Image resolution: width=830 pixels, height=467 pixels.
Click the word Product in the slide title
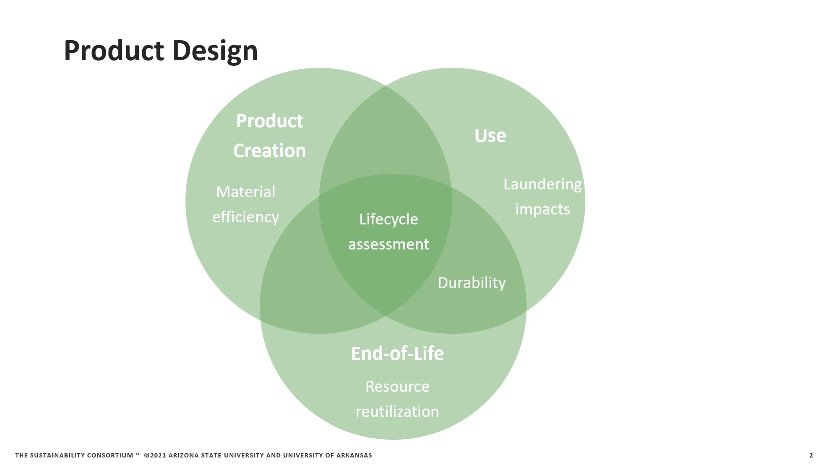pos(113,51)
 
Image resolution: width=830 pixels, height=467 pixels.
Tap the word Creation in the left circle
pos(269,150)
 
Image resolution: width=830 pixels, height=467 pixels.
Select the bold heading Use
pos(490,135)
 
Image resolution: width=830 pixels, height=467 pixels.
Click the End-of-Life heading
pos(397,353)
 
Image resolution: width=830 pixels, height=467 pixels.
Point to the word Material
pos(246,192)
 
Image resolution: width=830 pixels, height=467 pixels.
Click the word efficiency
pos(246,217)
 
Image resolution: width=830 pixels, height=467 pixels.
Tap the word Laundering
pos(542,184)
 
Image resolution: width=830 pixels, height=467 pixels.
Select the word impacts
pos(542,209)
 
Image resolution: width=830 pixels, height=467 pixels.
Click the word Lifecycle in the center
pos(388,219)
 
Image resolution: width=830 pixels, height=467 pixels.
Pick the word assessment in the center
pos(388,244)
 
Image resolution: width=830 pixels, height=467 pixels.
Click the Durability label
pos(471,282)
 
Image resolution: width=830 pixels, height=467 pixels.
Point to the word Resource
pos(397,386)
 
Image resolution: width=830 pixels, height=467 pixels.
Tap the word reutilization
pos(397,411)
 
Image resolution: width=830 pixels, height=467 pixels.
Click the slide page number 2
pos(811,455)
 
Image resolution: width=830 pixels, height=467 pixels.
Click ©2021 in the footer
pos(155,455)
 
